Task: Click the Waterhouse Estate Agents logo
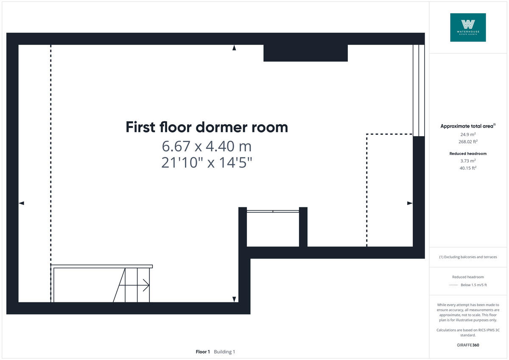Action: (x=468, y=27)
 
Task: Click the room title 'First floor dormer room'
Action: (x=207, y=127)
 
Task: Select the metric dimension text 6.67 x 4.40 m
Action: (x=207, y=146)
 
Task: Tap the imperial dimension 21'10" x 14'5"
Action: (x=207, y=162)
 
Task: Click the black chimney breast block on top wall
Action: (x=305, y=53)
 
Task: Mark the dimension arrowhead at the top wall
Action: (x=234, y=48)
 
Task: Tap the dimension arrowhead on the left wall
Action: (x=21, y=203)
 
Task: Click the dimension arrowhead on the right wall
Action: (x=410, y=203)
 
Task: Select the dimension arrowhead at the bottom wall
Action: (x=234, y=299)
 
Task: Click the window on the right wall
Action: (x=419, y=90)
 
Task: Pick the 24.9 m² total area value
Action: (x=468, y=134)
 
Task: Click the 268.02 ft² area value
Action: (x=468, y=142)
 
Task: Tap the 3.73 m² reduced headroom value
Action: (x=468, y=161)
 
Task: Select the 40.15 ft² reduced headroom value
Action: (x=468, y=168)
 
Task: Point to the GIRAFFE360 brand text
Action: (x=468, y=345)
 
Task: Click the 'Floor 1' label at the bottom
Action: (x=203, y=352)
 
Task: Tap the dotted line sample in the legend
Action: (x=453, y=285)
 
